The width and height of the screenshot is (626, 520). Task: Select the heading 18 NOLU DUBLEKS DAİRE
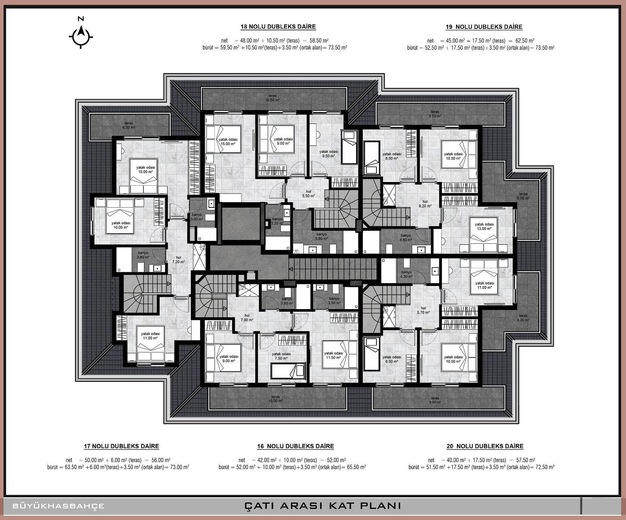coord(278,27)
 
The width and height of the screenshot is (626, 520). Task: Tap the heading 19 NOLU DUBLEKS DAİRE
coord(484,27)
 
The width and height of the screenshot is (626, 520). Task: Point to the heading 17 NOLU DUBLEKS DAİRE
coord(122,446)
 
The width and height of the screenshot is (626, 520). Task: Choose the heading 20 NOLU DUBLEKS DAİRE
coord(485,446)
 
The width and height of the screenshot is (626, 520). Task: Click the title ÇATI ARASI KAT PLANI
coord(323,505)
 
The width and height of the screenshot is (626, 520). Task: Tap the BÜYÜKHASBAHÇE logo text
coord(58,506)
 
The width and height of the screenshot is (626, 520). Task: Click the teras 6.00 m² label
coord(129,125)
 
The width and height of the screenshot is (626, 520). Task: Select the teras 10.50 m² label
coord(272,98)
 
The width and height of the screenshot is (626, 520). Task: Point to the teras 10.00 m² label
coord(275,399)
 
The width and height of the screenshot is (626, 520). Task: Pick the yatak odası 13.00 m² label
coord(484,226)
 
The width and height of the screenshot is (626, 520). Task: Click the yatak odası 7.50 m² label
coord(281,356)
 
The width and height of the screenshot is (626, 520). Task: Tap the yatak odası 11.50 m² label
coord(334,355)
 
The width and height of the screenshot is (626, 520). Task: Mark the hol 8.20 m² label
coord(425,204)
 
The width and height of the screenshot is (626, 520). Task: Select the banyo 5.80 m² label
coord(321,236)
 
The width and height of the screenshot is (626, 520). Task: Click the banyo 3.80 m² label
coord(143,255)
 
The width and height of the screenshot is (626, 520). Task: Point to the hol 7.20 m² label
coord(178,260)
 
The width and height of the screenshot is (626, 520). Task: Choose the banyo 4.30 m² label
coord(406,274)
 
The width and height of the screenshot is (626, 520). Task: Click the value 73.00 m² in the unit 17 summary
coord(177,467)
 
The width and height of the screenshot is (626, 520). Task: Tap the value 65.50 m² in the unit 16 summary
coord(354,467)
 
